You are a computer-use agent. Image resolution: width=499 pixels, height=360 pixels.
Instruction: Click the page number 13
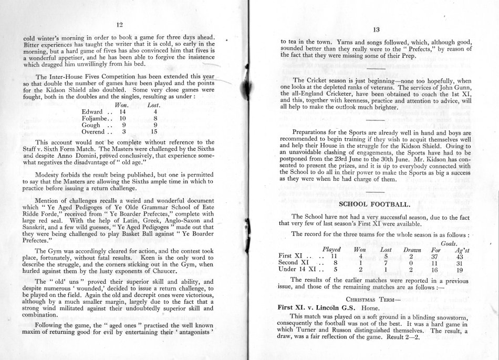375,30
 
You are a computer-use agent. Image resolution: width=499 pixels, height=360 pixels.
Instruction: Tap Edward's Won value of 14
122,112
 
